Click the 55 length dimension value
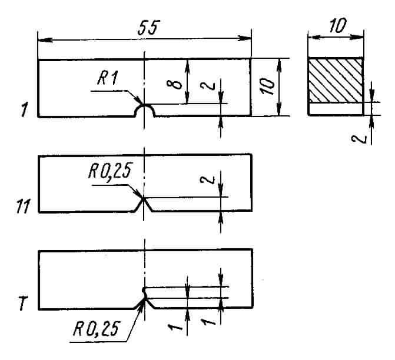coord(148,28)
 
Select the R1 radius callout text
coord(107,78)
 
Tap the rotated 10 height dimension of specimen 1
coord(267,87)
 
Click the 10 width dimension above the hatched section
coord(337,25)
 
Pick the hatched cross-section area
coord(336,81)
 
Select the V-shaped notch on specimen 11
coord(144,205)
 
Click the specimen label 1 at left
coord(24,110)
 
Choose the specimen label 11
coord(23,206)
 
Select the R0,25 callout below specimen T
coord(96,329)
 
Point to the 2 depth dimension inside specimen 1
coord(208,86)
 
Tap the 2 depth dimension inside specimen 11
coord(207,180)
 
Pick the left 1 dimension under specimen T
coord(175,326)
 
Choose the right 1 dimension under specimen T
coord(208,322)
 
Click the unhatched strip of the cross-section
coord(336,109)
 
